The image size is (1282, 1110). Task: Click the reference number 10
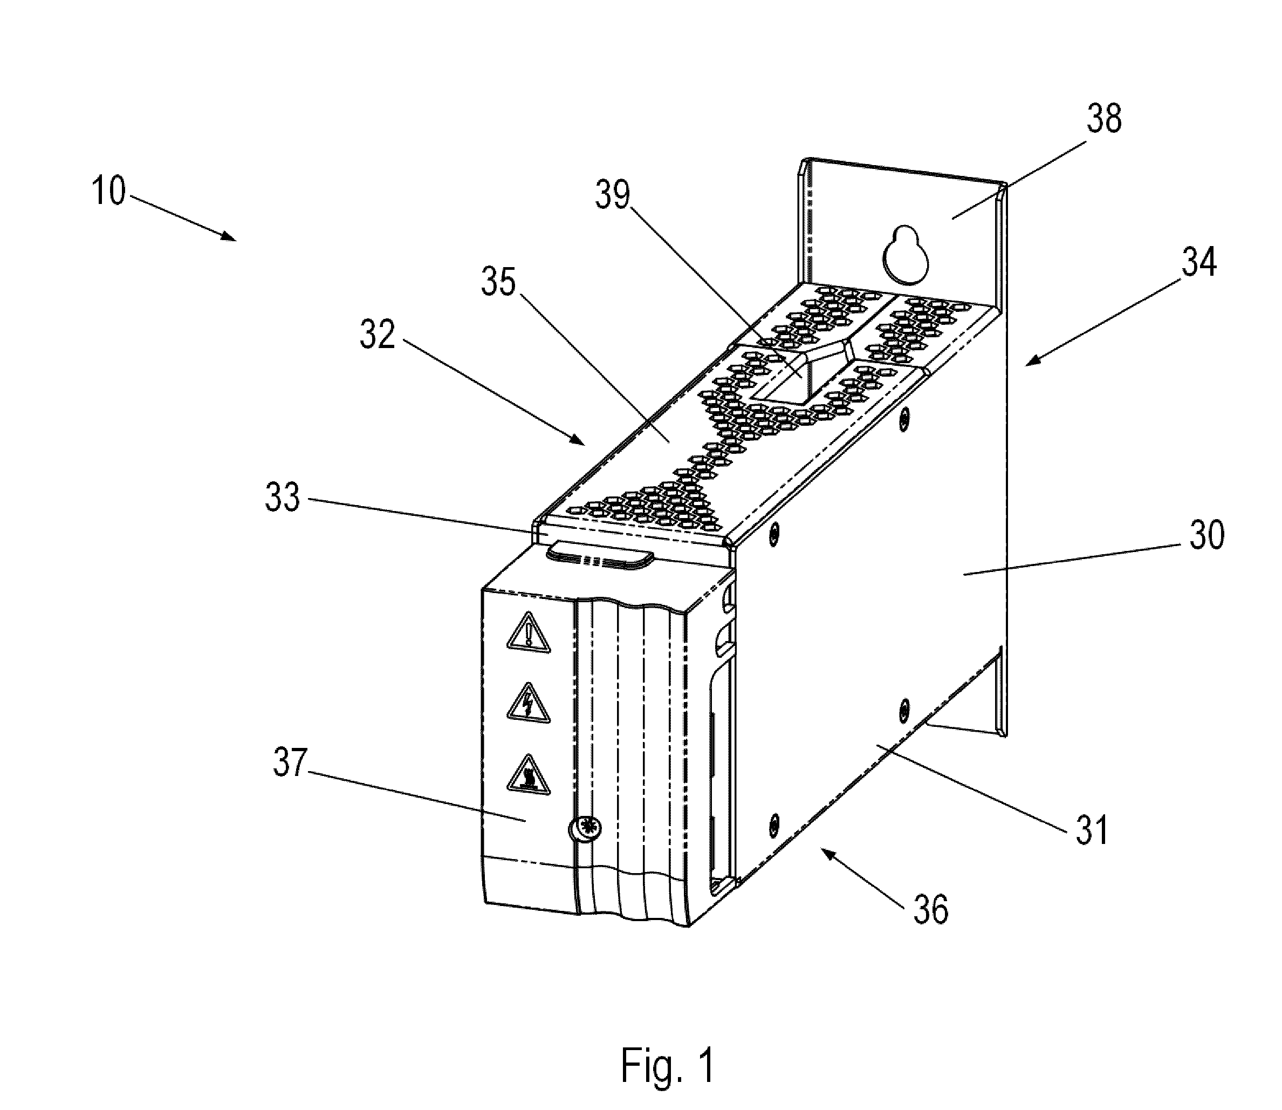[109, 191]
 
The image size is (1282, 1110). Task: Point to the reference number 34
[1199, 262]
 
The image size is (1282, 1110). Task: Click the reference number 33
[283, 497]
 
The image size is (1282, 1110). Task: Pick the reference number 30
[1206, 535]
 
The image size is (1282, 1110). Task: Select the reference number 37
[290, 762]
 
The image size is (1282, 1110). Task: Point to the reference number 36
[930, 909]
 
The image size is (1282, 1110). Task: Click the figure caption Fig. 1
[667, 1065]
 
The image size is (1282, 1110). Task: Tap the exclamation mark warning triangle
[528, 633]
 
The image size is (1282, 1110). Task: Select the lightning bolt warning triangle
[528, 703]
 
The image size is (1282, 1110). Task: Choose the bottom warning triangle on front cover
[528, 774]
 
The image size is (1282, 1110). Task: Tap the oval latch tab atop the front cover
[600, 553]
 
